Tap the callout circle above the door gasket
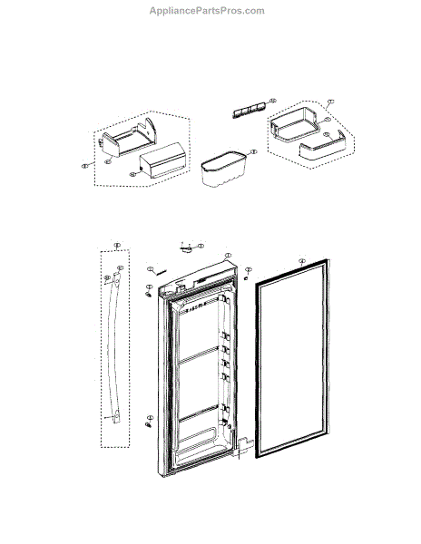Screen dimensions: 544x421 [301, 259]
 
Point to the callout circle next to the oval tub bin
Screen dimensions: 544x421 [252, 152]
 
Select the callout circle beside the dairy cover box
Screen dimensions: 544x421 [132, 172]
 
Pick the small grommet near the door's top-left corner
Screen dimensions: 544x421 [148, 293]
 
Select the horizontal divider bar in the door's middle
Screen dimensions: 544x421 [201, 355]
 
